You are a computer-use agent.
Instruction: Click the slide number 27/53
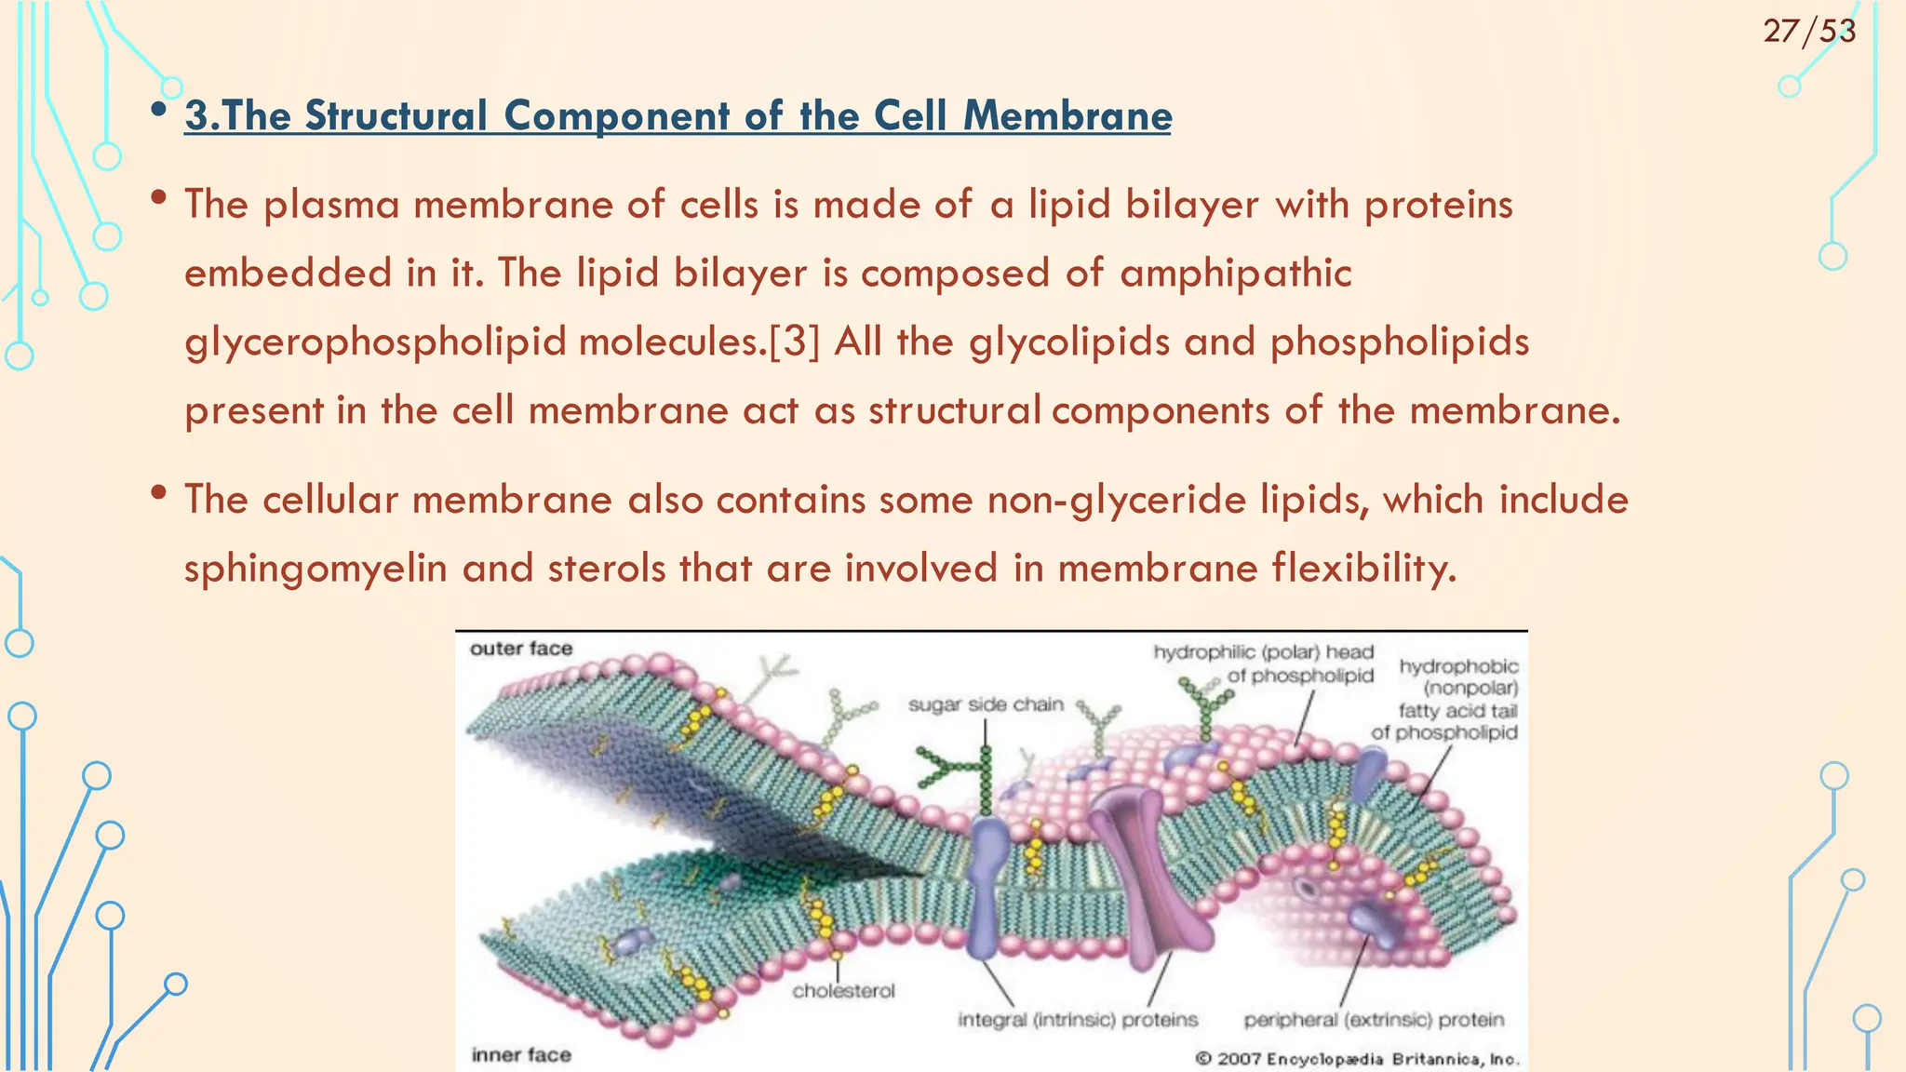pyautogui.click(x=1808, y=32)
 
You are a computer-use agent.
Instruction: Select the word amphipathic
pyautogui.click(x=1235, y=274)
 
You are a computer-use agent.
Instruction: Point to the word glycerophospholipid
pyautogui.click(x=375, y=342)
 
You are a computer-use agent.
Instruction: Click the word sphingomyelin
pyautogui.click(x=315, y=569)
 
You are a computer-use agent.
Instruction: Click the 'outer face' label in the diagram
pyautogui.click(x=521, y=649)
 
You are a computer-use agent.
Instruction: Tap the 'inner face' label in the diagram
pyautogui.click(x=521, y=1054)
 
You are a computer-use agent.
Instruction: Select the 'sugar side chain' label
pyautogui.click(x=986, y=704)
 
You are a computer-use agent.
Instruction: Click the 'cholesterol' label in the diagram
pyautogui.click(x=843, y=991)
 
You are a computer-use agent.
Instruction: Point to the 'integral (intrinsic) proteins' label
pyautogui.click(x=1078, y=1020)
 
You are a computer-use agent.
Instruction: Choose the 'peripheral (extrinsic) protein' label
pyautogui.click(x=1374, y=1020)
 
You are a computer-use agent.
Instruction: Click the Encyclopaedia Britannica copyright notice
pyautogui.click(x=1357, y=1059)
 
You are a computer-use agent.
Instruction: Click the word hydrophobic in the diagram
pyautogui.click(x=1458, y=666)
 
